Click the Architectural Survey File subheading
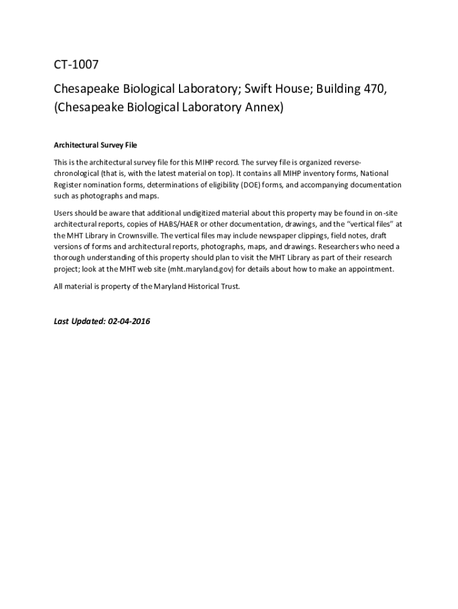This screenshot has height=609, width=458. tap(96, 145)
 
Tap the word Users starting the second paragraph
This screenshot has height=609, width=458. tap(65, 212)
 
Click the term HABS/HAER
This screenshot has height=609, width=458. tap(178, 224)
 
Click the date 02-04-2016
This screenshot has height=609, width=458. tap(128, 321)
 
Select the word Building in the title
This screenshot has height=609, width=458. tap(339, 89)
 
